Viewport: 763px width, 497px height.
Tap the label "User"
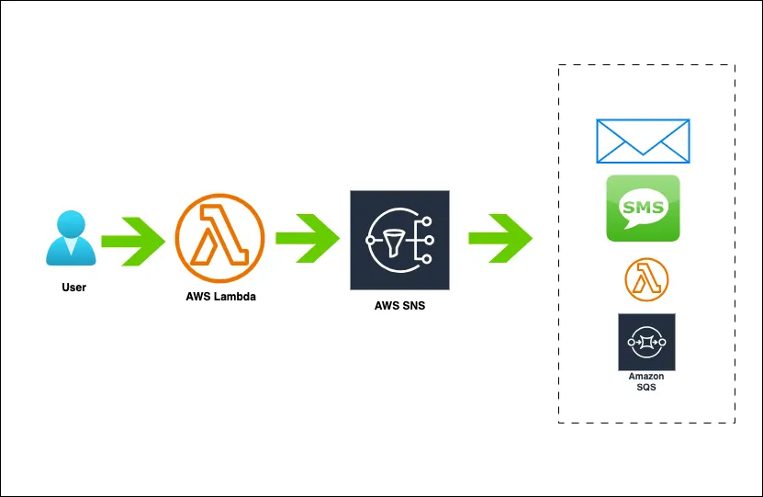point(73,288)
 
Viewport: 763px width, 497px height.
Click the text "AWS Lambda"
point(220,298)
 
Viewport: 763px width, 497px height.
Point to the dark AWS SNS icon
point(399,240)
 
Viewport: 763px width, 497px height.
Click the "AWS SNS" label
point(399,306)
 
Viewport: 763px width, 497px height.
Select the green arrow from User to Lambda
point(132,241)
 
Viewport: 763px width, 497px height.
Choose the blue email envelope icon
point(643,140)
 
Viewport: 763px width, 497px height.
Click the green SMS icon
point(643,209)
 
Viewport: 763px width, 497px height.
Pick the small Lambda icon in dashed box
point(646,280)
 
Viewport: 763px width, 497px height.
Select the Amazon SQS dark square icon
point(646,342)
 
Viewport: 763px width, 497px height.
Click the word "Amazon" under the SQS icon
point(646,377)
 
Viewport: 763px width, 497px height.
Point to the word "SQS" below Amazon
point(646,388)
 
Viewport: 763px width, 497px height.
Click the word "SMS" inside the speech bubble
point(643,206)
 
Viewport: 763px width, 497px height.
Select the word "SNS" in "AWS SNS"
point(413,306)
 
